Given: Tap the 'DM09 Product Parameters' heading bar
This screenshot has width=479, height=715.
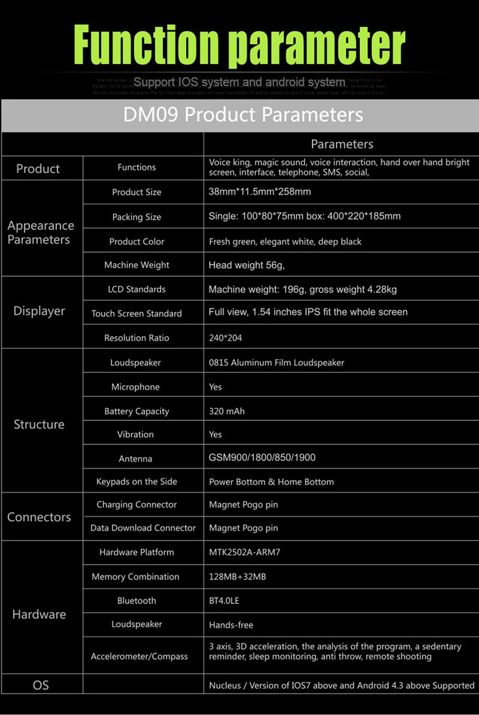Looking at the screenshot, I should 242,114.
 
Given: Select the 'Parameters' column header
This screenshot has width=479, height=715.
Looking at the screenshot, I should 342,144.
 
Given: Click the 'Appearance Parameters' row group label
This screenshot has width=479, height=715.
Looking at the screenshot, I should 41,233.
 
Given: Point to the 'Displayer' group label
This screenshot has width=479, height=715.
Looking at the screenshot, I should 39,311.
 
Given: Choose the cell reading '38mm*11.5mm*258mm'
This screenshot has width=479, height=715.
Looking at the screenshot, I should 260,192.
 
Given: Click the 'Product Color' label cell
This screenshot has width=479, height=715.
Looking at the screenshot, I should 137,242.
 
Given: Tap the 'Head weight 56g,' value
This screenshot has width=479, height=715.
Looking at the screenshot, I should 246,265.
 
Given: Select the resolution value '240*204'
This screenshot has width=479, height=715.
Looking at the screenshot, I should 226,338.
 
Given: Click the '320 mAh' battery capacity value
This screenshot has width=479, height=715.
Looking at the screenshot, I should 227,411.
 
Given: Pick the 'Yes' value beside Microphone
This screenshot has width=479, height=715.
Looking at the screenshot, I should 216,387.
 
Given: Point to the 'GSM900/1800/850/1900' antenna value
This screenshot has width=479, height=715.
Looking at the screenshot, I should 262,458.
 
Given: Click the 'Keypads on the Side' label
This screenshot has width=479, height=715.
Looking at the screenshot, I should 137,482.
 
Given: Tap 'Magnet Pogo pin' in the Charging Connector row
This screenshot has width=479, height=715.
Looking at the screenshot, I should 243,505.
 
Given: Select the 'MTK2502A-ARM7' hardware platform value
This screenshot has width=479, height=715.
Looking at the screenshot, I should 244,552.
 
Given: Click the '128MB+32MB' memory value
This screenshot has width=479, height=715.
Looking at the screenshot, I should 237,577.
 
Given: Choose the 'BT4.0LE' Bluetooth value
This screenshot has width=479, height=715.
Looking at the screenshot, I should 224,601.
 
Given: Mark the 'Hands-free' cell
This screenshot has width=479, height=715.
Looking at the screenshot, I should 231,625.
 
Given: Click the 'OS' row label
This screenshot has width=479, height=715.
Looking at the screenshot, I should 41,685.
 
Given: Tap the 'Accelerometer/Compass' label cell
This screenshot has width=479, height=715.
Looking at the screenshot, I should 139,656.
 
